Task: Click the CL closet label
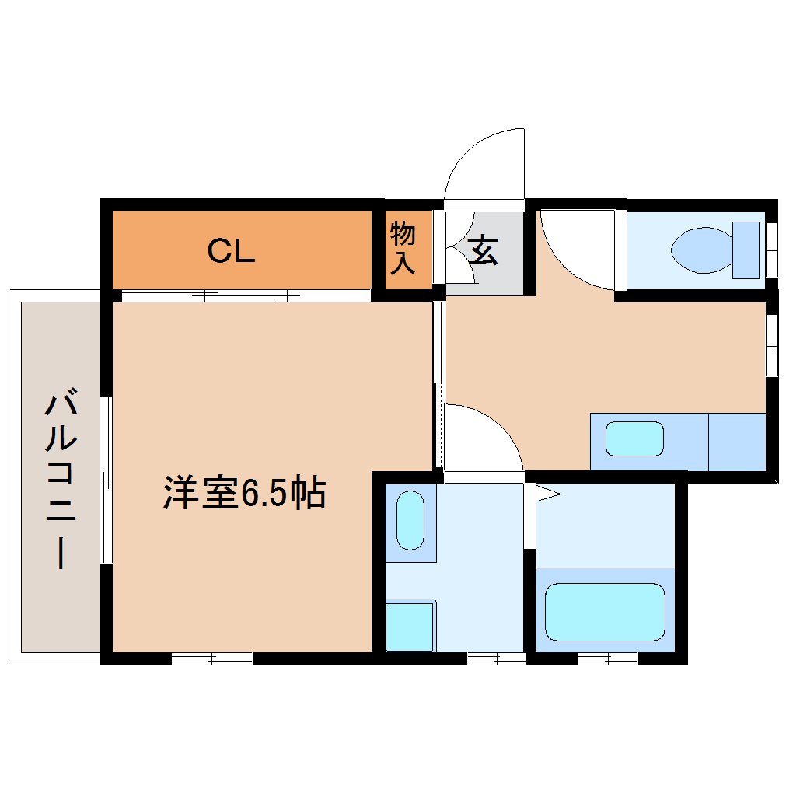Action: coord(231,251)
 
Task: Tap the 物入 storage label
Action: coord(403,248)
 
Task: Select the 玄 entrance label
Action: coord(484,250)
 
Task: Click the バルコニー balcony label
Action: coord(61,478)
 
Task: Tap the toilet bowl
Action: coord(702,250)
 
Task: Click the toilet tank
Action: coord(746,250)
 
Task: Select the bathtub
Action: coord(605,612)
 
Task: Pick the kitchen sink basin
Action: coord(634,438)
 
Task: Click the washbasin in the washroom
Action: coord(410,520)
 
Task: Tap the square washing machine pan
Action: coord(410,627)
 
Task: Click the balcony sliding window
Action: coord(106,480)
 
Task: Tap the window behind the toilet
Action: coord(772,250)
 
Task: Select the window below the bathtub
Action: coord(608,659)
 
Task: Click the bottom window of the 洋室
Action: coord(212,659)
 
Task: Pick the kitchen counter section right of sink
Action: coord(737,442)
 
